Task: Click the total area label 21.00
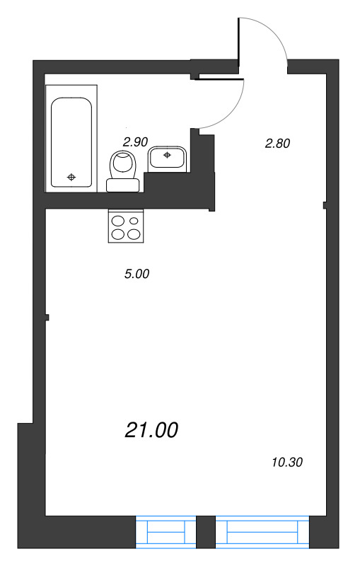click(x=152, y=429)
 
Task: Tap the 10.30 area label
click(x=286, y=463)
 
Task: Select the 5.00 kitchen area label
click(x=137, y=275)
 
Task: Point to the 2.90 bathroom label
click(x=135, y=141)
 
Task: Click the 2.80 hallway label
click(x=278, y=144)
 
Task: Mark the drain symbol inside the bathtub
click(x=71, y=177)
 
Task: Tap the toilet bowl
click(x=124, y=165)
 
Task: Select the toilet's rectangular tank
click(x=123, y=185)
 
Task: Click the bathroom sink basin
click(x=168, y=158)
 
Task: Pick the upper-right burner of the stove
click(x=133, y=221)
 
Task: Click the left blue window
click(x=166, y=532)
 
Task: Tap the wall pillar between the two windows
click(x=205, y=532)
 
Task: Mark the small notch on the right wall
click(x=324, y=206)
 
